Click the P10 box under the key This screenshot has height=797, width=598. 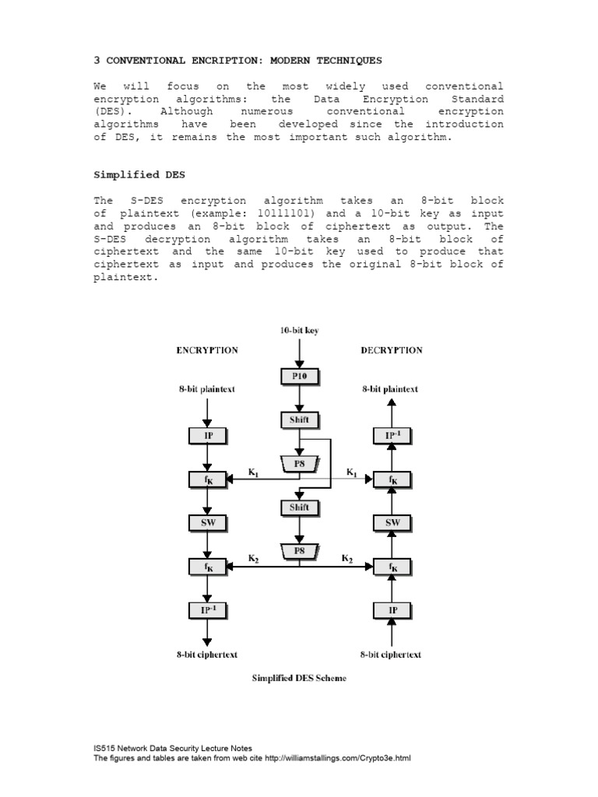coord(299,377)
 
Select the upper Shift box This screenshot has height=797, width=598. coord(299,420)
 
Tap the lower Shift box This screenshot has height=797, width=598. coord(299,507)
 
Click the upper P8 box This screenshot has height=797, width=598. coord(299,463)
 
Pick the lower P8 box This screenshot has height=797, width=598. coord(299,550)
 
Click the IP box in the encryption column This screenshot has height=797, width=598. coord(208,435)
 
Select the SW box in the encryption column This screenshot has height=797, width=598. coord(208,523)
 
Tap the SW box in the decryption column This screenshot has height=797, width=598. coord(391,523)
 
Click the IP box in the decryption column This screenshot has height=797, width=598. coord(391,611)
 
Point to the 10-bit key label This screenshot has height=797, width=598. coord(299,330)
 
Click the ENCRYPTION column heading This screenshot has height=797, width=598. coord(207,350)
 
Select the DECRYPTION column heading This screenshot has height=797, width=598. coord(392,350)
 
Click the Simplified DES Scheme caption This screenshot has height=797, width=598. coord(299,678)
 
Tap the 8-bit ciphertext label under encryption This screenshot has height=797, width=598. coord(206,655)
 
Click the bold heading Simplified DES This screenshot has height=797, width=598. coord(135,176)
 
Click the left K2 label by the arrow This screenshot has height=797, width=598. coord(254,558)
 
